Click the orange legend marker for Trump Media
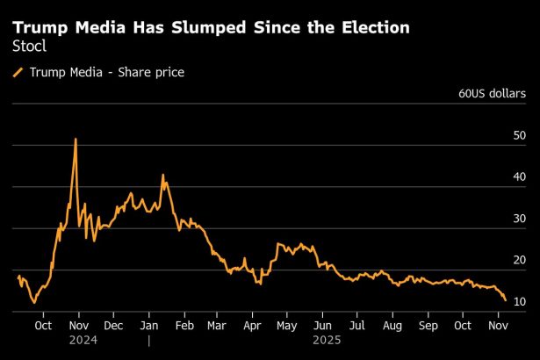point(18,72)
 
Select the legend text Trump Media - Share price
point(107,72)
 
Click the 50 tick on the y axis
point(520,135)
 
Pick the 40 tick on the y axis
point(520,176)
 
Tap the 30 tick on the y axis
point(520,219)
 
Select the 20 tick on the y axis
point(520,260)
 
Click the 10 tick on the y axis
point(520,301)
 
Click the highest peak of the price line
point(76,139)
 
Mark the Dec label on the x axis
point(112,325)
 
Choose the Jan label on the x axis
point(148,325)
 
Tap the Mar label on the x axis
point(217,325)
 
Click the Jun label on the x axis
point(322,325)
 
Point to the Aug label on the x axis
point(392,325)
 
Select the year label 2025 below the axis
point(325,339)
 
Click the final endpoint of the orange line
point(505,300)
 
